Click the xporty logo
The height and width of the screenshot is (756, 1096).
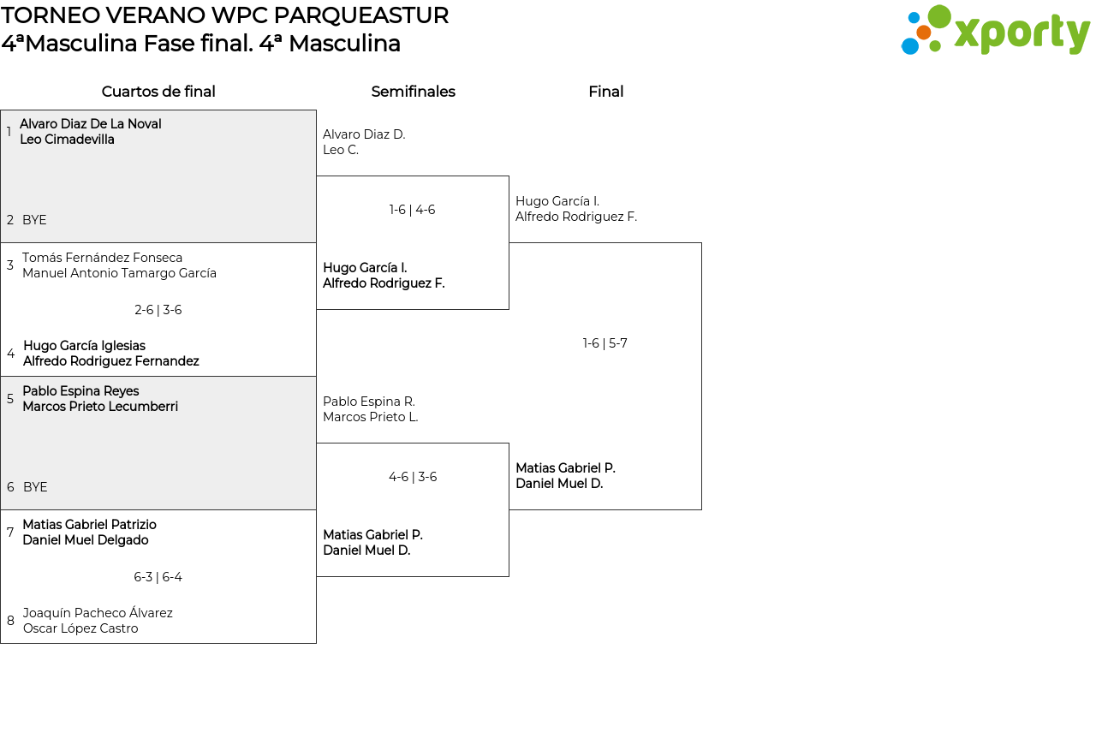coord(995,31)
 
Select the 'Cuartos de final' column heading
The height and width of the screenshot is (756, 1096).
coord(158,92)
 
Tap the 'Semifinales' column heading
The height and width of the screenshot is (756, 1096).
coord(413,92)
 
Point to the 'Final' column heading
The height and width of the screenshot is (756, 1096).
coord(605,92)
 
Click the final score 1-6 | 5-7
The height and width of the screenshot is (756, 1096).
coord(605,343)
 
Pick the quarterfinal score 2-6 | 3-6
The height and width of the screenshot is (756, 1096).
coord(158,310)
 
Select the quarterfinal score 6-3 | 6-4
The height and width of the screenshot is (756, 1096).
coord(158,577)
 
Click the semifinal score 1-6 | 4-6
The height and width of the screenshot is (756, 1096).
coord(412,210)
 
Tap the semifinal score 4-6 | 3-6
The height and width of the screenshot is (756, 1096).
coord(412,477)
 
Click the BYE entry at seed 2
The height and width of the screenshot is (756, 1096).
coord(34,220)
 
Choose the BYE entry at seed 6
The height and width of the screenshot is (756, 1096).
coord(35,487)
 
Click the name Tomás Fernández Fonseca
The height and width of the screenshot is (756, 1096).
coord(102,258)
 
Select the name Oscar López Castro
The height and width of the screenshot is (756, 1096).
coord(80,628)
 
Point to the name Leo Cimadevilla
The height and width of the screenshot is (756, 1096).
coord(67,140)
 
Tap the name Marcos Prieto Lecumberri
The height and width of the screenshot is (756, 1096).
coord(100,407)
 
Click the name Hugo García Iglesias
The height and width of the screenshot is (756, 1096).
coord(84,346)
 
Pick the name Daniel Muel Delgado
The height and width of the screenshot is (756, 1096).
coord(85,540)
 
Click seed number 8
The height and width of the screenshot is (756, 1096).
coord(10,621)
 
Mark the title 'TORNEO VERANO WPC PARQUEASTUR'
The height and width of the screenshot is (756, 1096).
coord(224,15)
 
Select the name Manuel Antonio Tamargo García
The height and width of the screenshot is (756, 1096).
coord(119,273)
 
